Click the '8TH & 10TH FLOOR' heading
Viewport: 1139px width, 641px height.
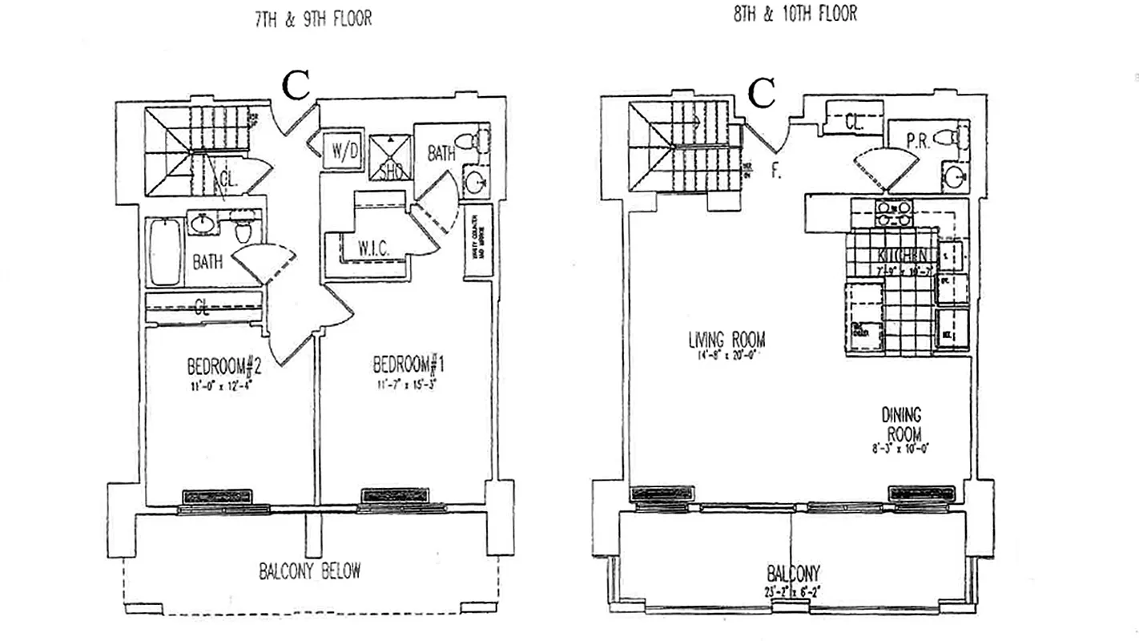795,14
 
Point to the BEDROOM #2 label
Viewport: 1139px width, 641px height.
224,366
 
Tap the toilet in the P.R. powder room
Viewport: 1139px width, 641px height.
953,139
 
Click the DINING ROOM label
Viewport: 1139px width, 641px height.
901,425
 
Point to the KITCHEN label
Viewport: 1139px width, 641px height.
903,256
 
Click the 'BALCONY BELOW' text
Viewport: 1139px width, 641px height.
309,571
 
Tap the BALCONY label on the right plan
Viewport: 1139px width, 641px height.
792,574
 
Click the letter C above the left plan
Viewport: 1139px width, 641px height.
296,86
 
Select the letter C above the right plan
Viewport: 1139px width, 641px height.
762,95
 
